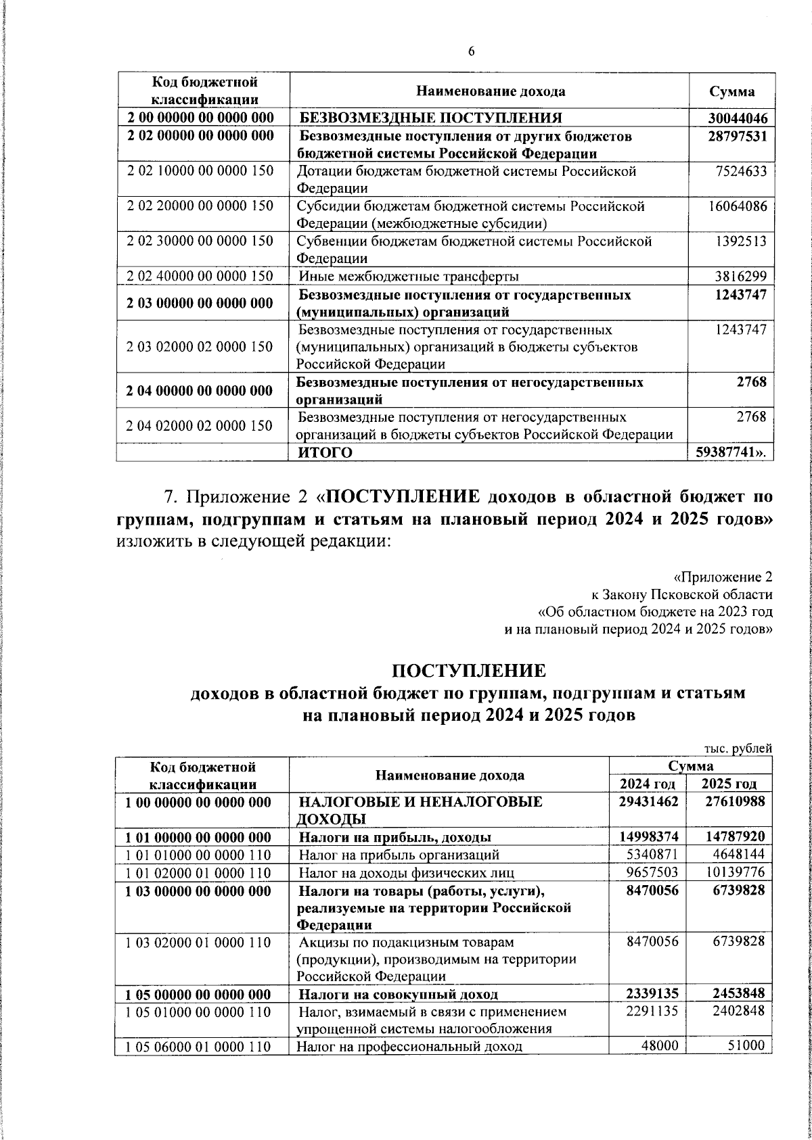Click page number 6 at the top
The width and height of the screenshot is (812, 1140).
pyautogui.click(x=471, y=51)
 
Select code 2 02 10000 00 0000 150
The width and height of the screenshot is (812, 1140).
pyautogui.click(x=200, y=170)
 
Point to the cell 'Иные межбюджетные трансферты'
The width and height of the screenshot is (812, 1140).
pyautogui.click(x=409, y=276)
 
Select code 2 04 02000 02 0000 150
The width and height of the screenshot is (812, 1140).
pyautogui.click(x=200, y=425)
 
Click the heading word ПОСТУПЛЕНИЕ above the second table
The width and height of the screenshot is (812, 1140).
pyautogui.click(x=468, y=671)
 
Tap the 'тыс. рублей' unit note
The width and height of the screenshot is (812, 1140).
pyautogui.click(x=737, y=749)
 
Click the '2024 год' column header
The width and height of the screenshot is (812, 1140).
pyautogui.click(x=647, y=784)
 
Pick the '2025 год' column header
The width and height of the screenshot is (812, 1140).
pyautogui.click(x=728, y=784)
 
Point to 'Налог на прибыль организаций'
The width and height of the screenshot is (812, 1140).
pyautogui.click(x=399, y=855)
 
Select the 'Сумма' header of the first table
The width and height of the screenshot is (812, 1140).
pyautogui.click(x=731, y=92)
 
